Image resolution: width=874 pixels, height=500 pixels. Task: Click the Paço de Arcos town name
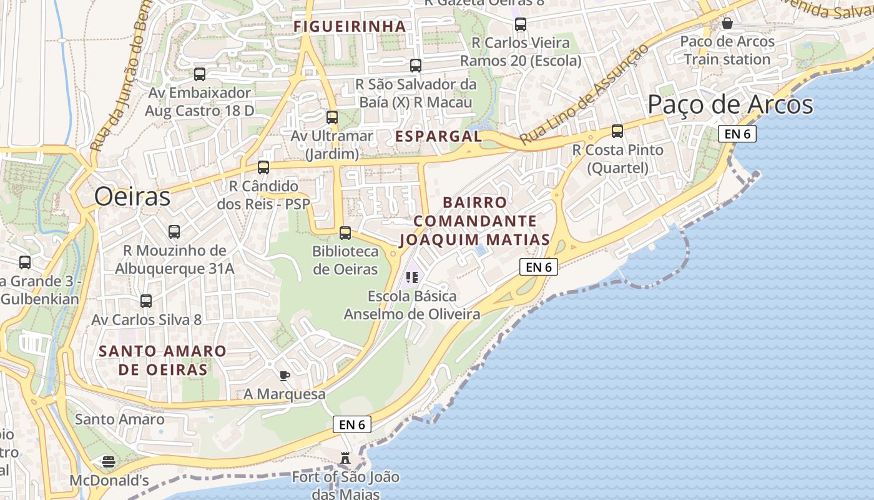coord(730,104)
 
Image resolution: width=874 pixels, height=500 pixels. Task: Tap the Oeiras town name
coord(132,197)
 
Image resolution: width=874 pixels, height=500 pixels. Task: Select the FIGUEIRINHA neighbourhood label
coord(350,26)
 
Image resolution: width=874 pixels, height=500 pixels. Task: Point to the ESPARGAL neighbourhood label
coord(438,136)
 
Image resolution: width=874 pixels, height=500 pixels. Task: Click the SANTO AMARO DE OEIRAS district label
coord(162,360)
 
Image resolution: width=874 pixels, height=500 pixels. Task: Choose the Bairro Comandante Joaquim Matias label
coord(474,221)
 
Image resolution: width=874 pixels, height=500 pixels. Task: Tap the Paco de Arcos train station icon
coord(727,23)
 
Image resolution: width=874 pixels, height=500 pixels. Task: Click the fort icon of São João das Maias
coord(345,458)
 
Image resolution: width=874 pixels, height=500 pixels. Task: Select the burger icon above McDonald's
coord(109,462)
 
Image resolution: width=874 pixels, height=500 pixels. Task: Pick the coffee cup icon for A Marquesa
coord(285,376)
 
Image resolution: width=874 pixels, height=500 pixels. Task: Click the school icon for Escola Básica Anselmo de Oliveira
coord(411,277)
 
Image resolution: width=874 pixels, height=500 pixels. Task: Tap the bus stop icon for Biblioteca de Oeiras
coord(345,233)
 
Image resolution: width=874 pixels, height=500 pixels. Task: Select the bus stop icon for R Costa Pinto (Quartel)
coord(617,131)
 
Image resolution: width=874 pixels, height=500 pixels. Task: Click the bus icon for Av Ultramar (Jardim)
coord(332,117)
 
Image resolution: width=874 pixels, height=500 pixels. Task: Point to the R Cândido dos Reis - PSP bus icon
coord(263,167)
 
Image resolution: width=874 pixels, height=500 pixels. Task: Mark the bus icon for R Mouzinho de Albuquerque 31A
coord(174,232)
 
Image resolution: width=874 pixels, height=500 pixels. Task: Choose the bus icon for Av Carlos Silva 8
coord(146,301)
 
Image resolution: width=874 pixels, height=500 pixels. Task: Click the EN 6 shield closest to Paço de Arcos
coord(737,134)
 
